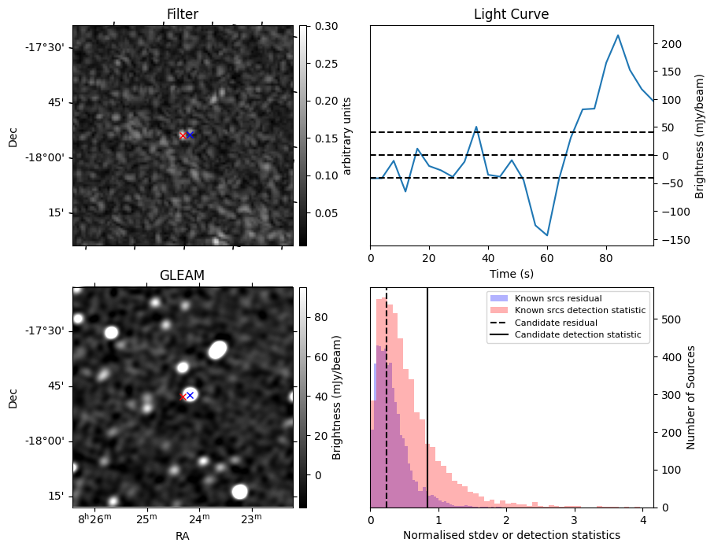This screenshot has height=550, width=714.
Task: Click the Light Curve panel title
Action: pyautogui.click(x=511, y=14)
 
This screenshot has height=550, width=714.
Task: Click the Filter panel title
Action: pyautogui.click(x=183, y=14)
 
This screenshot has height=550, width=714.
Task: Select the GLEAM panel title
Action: pyautogui.click(x=183, y=275)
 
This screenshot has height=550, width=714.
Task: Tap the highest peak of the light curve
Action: pyautogui.click(x=618, y=35)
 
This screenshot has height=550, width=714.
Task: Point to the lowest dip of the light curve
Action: pyautogui.click(x=547, y=235)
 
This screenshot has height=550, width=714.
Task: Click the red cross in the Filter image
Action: pyautogui.click(x=183, y=135)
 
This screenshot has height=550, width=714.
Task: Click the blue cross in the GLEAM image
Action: pyautogui.click(x=190, y=395)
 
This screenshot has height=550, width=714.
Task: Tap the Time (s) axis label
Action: pyautogui.click(x=511, y=272)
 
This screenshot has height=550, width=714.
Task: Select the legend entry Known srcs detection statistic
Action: pyautogui.click(x=579, y=311)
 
